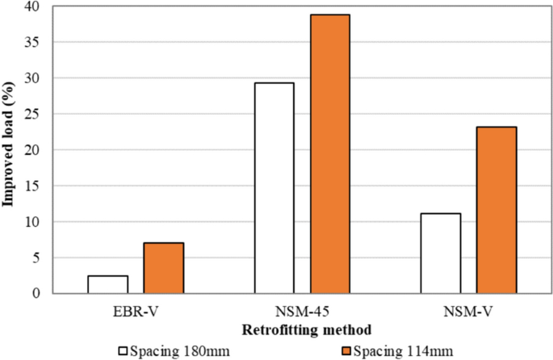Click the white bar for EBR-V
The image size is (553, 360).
108,284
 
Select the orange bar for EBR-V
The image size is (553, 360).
164,268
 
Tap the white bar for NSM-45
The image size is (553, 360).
274,187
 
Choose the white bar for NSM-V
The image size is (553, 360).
441,253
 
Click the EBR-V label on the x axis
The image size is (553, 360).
136,309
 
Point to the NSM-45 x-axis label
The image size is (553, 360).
302,309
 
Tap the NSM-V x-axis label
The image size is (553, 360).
468,309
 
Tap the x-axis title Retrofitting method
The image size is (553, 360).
302,329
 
